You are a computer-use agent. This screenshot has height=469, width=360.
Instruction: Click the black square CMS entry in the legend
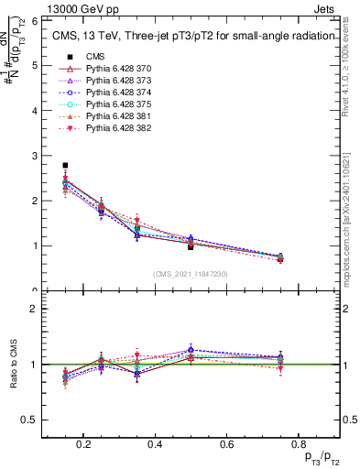(x=65, y=57)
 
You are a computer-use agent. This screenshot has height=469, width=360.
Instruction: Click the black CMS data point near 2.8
(x=65, y=166)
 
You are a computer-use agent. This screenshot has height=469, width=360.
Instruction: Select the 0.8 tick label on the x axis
(x=296, y=445)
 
